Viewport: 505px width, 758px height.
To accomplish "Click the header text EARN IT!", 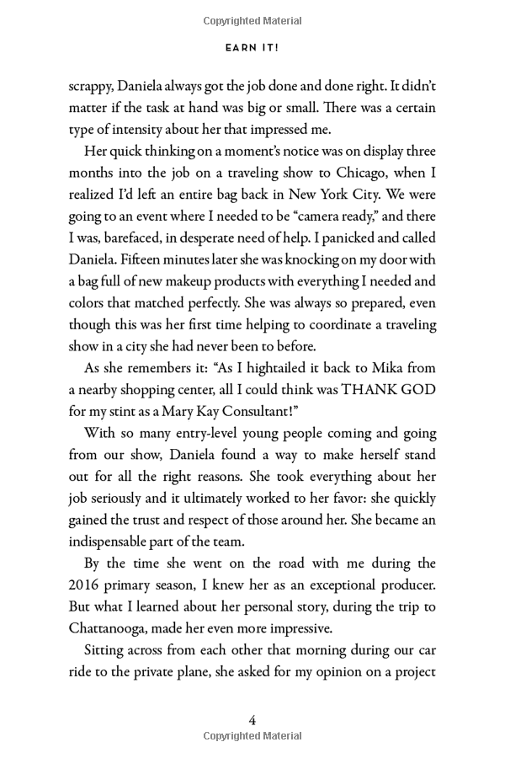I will (x=252, y=48).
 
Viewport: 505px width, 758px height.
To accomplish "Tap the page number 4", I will (x=252, y=719).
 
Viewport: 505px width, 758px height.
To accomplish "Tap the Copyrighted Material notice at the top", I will (x=252, y=20).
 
